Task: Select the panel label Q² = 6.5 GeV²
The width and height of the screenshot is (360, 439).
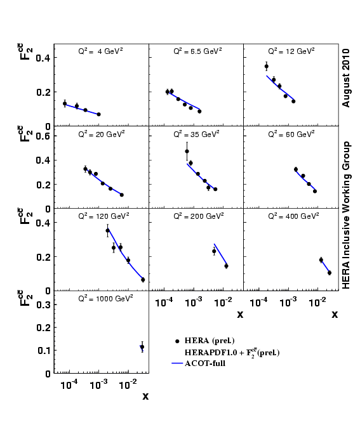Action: [196, 52]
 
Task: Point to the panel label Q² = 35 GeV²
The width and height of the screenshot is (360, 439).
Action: [196, 134]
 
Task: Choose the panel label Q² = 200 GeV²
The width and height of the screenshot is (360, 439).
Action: [196, 216]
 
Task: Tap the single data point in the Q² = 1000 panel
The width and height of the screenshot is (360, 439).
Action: [142, 347]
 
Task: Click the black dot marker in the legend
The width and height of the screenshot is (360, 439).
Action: [177, 341]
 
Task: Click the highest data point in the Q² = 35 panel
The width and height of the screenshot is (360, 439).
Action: [187, 151]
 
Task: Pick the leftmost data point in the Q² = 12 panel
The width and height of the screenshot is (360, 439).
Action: [266, 66]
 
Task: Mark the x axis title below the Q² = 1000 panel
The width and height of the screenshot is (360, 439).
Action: [145, 396]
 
